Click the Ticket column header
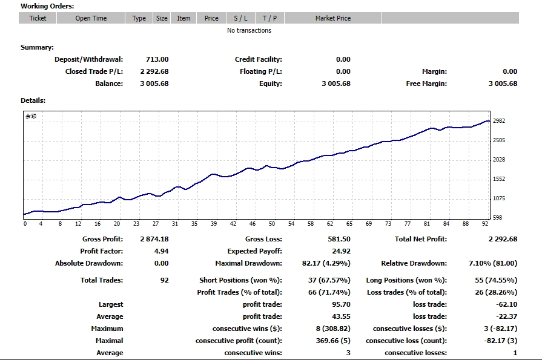click(x=38, y=18)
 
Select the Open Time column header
click(x=91, y=18)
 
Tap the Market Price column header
click(x=332, y=18)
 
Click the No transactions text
click(x=249, y=30)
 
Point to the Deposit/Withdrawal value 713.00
click(x=157, y=59)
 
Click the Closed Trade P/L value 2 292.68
click(x=154, y=71)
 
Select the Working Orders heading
click(x=47, y=6)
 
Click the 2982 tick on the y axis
click(x=500, y=121)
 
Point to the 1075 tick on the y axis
click(x=500, y=198)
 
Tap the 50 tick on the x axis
click(x=272, y=224)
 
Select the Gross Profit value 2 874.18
click(x=154, y=239)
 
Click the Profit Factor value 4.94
click(x=160, y=251)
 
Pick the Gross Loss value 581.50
click(x=339, y=239)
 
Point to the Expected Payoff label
click(x=254, y=251)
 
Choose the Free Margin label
click(x=426, y=83)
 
